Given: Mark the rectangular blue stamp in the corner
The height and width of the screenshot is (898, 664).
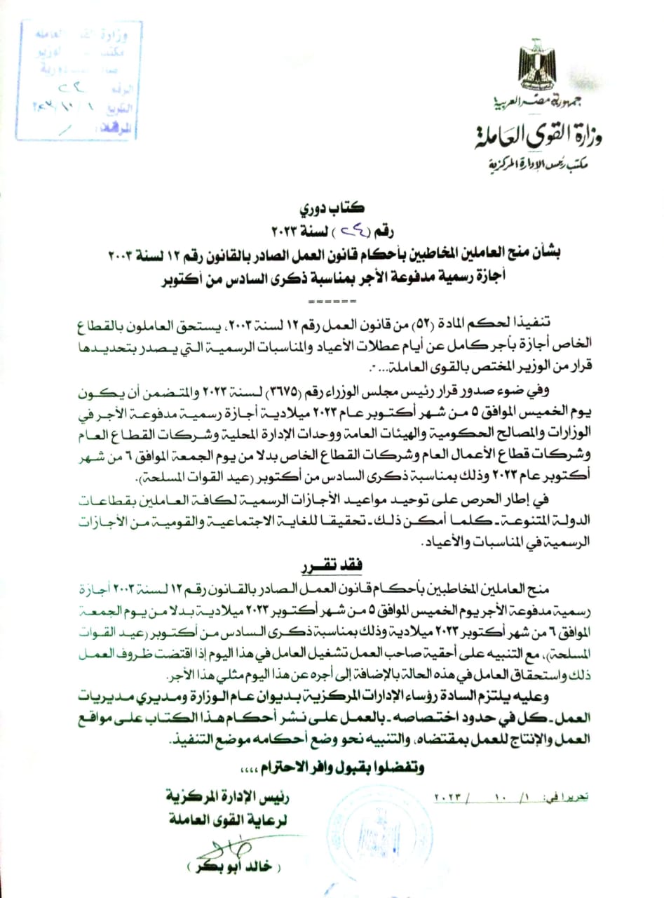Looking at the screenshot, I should point(78,77).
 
